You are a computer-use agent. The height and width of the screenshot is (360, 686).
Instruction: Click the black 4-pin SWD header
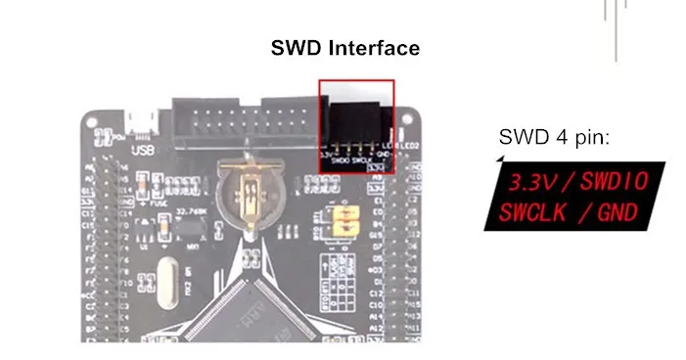pos(357,123)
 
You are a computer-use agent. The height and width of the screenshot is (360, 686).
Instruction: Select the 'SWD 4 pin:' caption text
pos(554,137)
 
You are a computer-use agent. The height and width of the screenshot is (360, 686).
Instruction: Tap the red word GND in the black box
pos(617,210)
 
